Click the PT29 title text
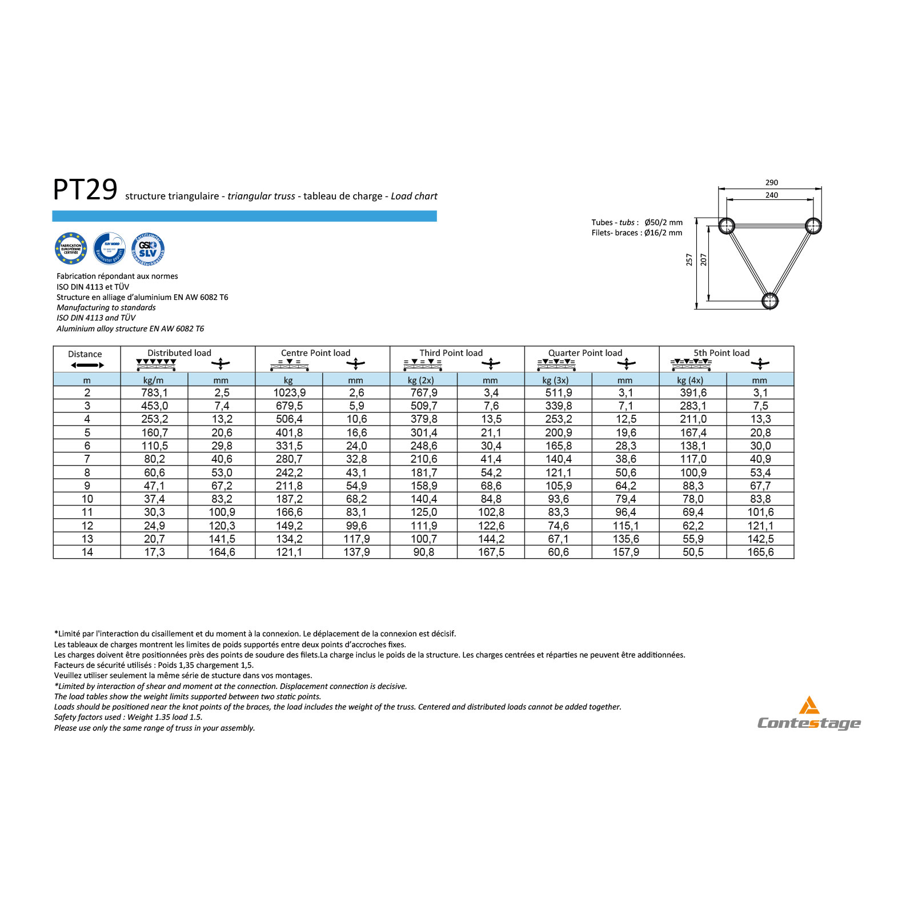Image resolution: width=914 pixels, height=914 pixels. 85,190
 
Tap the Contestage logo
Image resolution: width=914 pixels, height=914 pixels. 809,715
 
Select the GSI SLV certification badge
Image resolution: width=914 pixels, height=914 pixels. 148,248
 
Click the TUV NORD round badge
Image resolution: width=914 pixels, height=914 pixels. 109,248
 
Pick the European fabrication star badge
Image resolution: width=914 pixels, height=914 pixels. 71,248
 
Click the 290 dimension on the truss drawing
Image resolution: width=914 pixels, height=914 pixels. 771,183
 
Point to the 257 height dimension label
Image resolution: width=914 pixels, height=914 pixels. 689,260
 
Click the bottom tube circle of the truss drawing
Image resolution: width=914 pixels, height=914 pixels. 769,300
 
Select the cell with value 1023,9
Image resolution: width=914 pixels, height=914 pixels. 289,393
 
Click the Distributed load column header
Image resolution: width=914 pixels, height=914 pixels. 179,353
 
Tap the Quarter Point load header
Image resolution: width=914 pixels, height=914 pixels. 585,353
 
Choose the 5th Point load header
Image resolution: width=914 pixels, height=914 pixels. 721,353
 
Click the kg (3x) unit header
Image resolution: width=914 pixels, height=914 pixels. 555,380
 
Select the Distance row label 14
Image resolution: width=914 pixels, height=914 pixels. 87,552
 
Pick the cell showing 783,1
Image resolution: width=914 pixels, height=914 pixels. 154,393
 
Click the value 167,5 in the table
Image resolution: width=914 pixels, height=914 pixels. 491,552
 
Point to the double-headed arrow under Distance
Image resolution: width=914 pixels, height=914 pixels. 87,366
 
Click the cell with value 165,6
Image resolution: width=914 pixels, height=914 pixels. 760,552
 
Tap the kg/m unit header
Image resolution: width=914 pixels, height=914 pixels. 154,380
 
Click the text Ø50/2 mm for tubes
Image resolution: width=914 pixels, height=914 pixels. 663,223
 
